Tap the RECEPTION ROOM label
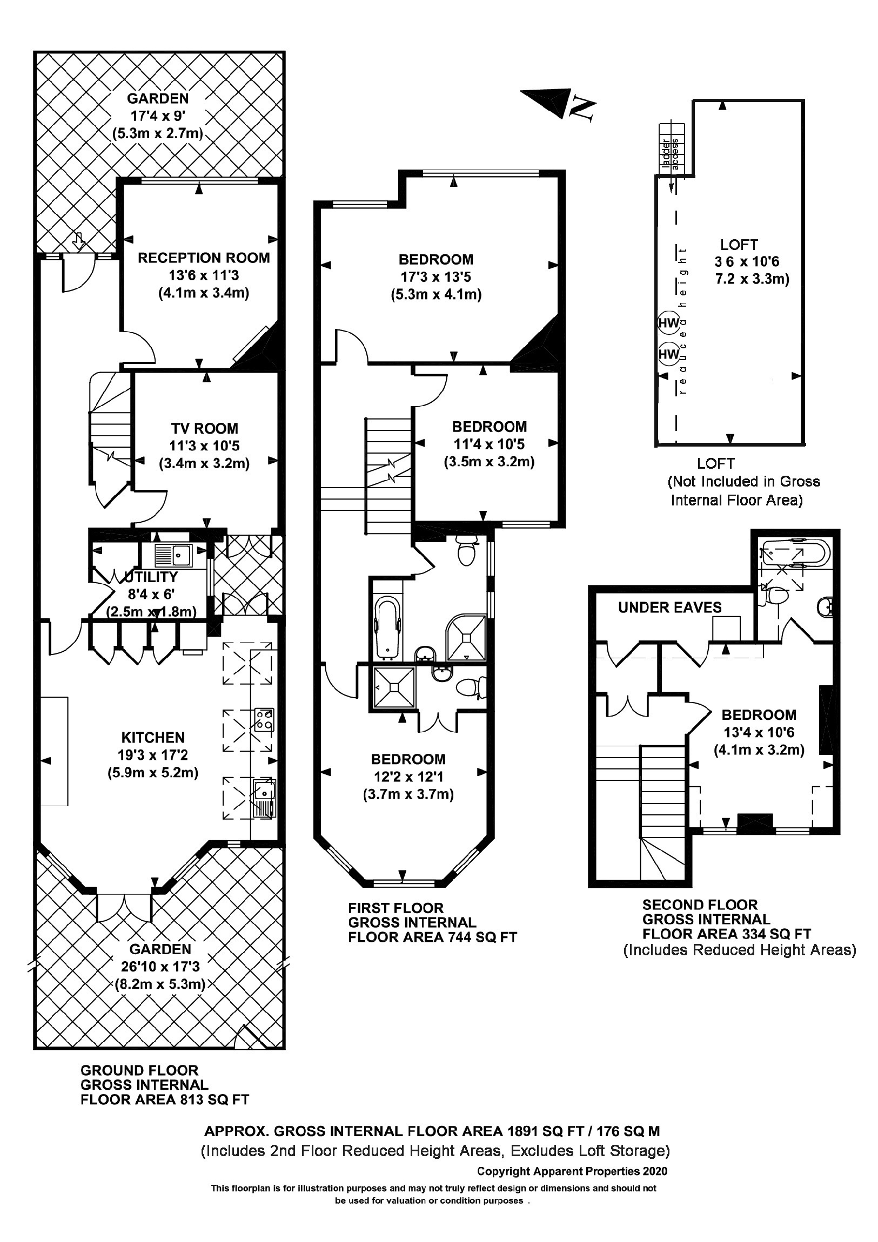click(204, 258)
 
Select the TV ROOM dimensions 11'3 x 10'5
click(204, 446)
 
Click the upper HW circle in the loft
click(668, 323)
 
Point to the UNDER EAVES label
click(669, 607)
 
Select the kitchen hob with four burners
click(264, 719)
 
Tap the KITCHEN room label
click(153, 737)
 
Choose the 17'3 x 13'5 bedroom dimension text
click(435, 278)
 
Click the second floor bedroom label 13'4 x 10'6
click(759, 732)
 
